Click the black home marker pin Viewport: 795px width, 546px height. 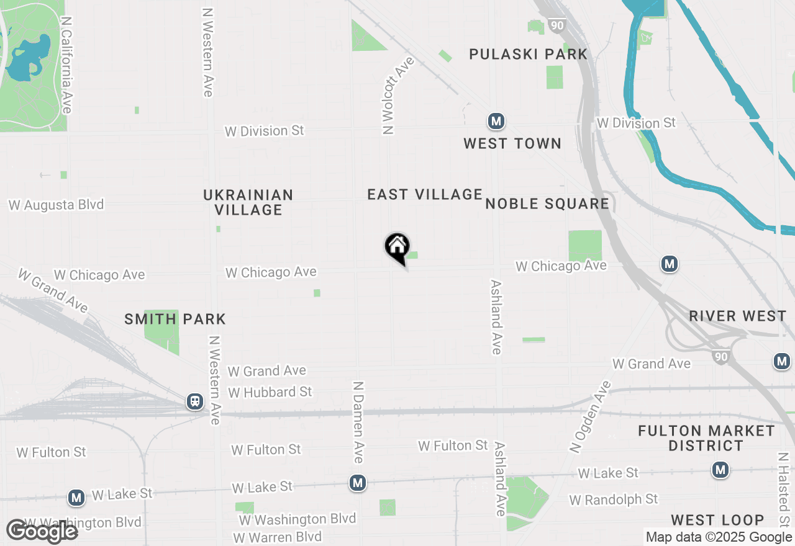(x=397, y=248)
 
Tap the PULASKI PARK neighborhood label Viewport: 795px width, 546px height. (x=528, y=55)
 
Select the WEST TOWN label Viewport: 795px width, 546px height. (x=512, y=143)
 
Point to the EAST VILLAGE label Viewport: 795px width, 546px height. (x=425, y=195)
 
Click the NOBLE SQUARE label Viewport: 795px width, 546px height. (x=547, y=204)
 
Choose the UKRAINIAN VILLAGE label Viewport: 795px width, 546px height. (x=248, y=202)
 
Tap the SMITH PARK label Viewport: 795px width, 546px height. (x=175, y=320)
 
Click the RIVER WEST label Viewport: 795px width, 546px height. (x=738, y=316)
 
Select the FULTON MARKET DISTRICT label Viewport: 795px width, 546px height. (x=707, y=438)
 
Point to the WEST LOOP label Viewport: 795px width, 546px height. (x=717, y=520)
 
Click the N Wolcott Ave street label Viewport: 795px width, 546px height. (x=390, y=96)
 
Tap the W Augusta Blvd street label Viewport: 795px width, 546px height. (x=56, y=205)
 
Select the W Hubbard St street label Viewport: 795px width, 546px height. (x=270, y=392)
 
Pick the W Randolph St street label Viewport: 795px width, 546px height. (x=614, y=499)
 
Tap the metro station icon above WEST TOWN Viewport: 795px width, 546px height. (x=496, y=121)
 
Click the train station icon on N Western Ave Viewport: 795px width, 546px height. (x=195, y=401)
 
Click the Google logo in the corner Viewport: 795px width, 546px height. (x=42, y=531)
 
